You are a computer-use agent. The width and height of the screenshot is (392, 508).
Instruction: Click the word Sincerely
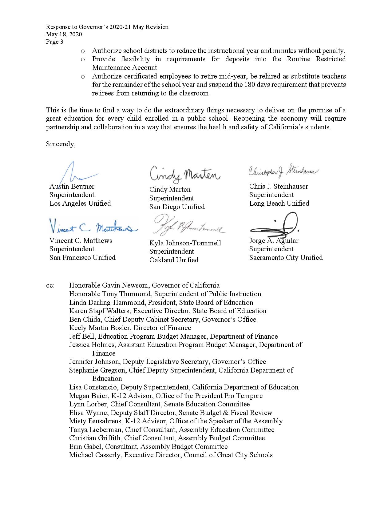[61, 144]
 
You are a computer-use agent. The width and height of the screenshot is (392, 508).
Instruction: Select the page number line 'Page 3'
[55, 42]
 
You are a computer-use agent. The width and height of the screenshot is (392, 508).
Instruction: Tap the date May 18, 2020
[64, 34]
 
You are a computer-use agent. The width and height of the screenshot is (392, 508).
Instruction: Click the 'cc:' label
[50, 285]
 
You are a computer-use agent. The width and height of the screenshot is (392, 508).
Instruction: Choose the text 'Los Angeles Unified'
[80, 204]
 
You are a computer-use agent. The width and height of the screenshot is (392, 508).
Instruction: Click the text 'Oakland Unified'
[174, 260]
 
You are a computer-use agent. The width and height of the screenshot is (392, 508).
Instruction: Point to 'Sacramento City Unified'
[286, 258]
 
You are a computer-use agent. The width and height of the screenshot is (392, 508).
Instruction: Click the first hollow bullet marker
[82, 51]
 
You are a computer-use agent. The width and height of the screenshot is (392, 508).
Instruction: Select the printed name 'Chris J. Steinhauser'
[279, 187]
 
